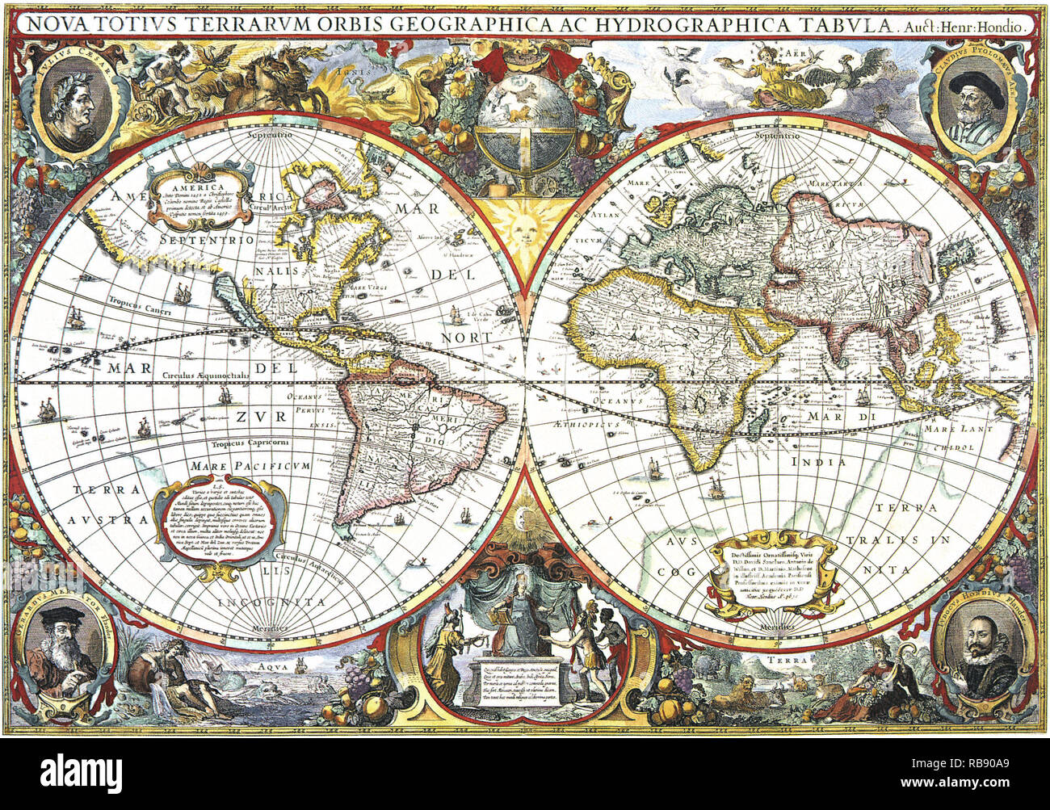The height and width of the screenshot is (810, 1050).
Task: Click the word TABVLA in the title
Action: tap(849, 24)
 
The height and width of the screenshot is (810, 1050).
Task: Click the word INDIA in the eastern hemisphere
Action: tap(818, 463)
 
